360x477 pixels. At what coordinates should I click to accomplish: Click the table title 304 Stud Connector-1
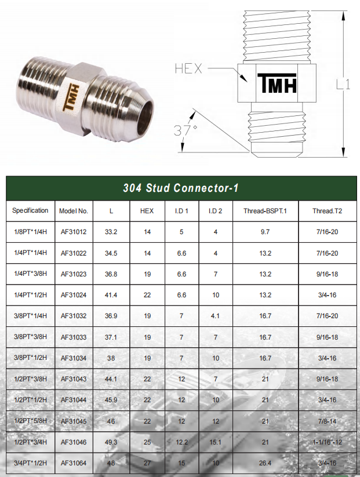(x=180, y=188)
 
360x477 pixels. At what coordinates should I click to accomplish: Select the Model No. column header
(x=74, y=211)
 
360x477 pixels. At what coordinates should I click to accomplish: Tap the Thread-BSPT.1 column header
(x=265, y=211)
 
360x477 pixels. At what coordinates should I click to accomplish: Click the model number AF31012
(x=74, y=232)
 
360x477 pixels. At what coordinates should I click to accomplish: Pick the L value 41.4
(x=111, y=295)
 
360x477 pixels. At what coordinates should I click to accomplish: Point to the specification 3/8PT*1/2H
(x=30, y=358)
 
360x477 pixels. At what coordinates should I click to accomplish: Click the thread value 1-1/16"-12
(x=328, y=442)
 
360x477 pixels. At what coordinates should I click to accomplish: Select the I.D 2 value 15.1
(x=216, y=442)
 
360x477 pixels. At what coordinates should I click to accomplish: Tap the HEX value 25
(x=147, y=442)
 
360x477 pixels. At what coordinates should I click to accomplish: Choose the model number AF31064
(x=74, y=463)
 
